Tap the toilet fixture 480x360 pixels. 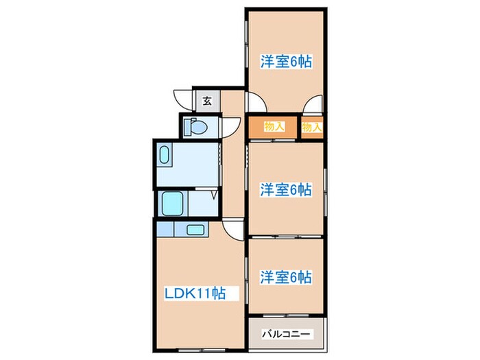point(199,127)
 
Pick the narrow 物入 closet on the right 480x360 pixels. point(312,127)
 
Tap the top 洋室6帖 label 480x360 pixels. point(286,61)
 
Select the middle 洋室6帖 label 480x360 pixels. point(286,190)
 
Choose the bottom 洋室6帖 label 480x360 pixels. point(286,277)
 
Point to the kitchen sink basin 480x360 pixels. point(195,229)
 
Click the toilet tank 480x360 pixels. point(188,127)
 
